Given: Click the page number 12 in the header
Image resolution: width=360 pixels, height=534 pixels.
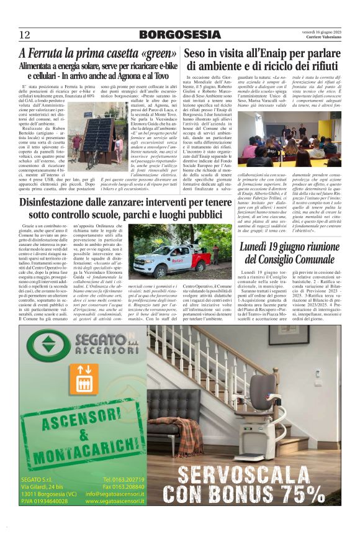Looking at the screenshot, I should [25, 34].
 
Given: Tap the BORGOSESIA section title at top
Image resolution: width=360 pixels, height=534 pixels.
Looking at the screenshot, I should [179, 34].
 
